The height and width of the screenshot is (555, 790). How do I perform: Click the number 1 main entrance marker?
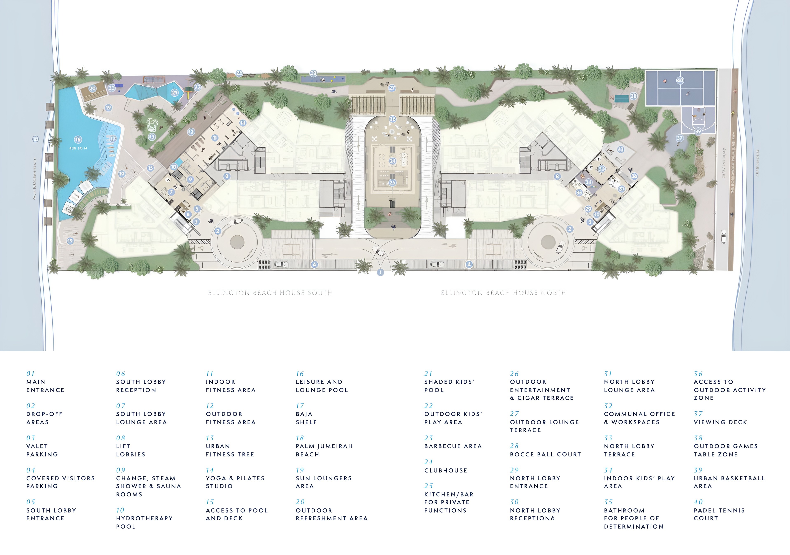coord(380,273)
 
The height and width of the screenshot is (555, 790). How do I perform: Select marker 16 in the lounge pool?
coord(78,140)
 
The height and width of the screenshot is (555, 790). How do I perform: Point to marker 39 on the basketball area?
coord(698,131)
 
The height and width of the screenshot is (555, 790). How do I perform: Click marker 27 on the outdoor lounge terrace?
coord(392,88)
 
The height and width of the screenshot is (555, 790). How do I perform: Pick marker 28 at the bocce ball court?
coord(313,73)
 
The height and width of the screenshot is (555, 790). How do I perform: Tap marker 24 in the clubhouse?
coord(393,161)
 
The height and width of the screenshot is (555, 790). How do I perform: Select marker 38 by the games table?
coord(633,96)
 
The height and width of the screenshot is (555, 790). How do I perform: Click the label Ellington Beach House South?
coord(270,293)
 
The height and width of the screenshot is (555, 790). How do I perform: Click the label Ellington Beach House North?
coord(503,293)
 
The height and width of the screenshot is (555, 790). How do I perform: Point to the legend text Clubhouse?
coord(446,470)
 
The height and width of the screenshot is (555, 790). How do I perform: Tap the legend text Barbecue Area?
coord(453,446)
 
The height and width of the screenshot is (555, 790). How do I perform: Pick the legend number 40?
coord(698,502)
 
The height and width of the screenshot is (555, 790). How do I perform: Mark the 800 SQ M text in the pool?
coord(78,148)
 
